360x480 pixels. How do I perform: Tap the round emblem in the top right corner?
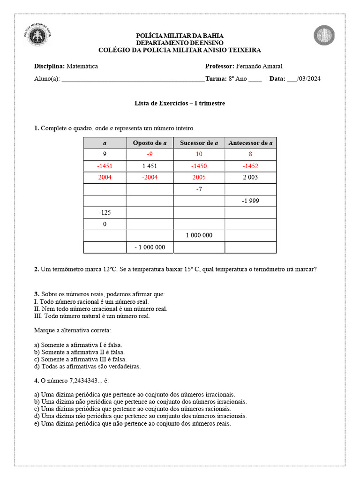(x=324, y=36)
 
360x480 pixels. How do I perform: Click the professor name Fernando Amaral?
(x=259, y=66)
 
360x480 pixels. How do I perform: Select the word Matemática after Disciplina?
(x=82, y=66)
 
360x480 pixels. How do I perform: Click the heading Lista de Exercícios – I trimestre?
(x=180, y=103)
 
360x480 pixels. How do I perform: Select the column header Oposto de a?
(x=150, y=143)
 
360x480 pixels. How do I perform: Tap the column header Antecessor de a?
(x=250, y=143)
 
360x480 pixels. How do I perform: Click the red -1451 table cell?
(x=105, y=166)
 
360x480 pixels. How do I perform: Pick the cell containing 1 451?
(x=150, y=166)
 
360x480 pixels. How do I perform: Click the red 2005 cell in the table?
(x=199, y=177)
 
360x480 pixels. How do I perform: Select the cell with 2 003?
(x=250, y=177)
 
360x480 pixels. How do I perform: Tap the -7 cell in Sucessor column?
(x=199, y=189)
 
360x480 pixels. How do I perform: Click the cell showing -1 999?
(x=250, y=201)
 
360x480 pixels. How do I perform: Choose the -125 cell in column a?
(x=105, y=212)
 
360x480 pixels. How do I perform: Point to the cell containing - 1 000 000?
(x=150, y=247)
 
